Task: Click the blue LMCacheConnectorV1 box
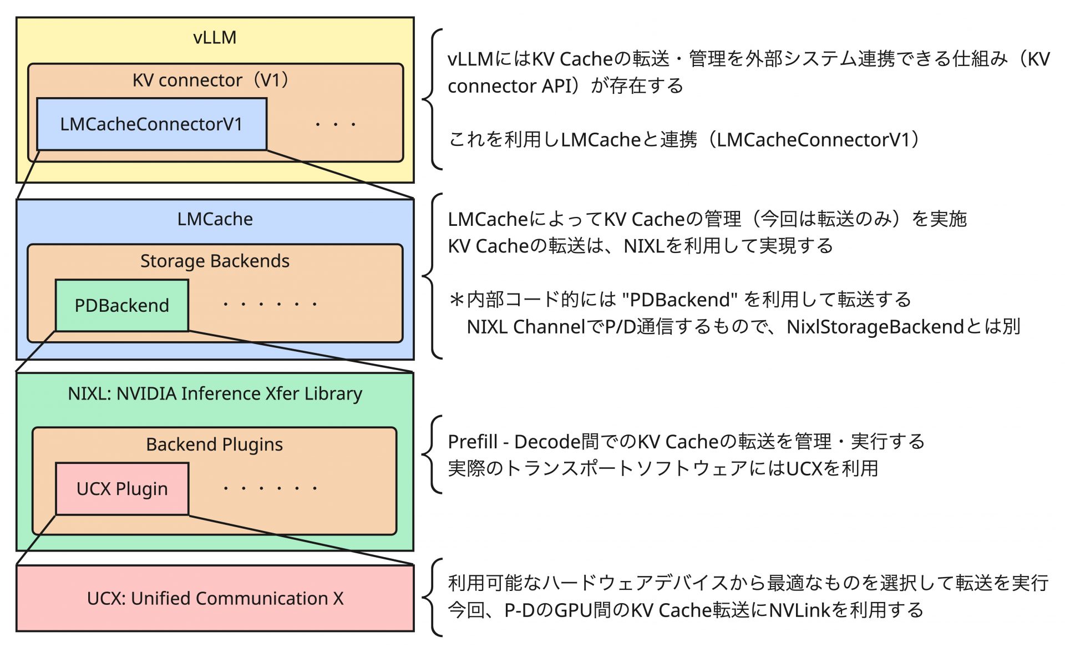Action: tap(151, 124)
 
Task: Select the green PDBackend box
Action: tap(121, 305)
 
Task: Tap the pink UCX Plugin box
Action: tap(122, 489)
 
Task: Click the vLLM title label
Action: tap(215, 37)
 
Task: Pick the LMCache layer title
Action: tap(215, 219)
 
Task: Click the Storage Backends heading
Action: tap(215, 261)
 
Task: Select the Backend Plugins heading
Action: tap(215, 444)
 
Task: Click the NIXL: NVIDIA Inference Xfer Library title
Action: tap(215, 393)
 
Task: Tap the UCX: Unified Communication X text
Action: tap(215, 598)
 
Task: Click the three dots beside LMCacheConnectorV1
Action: tap(335, 124)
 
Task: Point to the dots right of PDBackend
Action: tap(270, 304)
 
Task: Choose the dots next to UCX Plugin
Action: tap(270, 488)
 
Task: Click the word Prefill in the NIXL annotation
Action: tap(473, 442)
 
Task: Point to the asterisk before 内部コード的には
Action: tap(457, 300)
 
